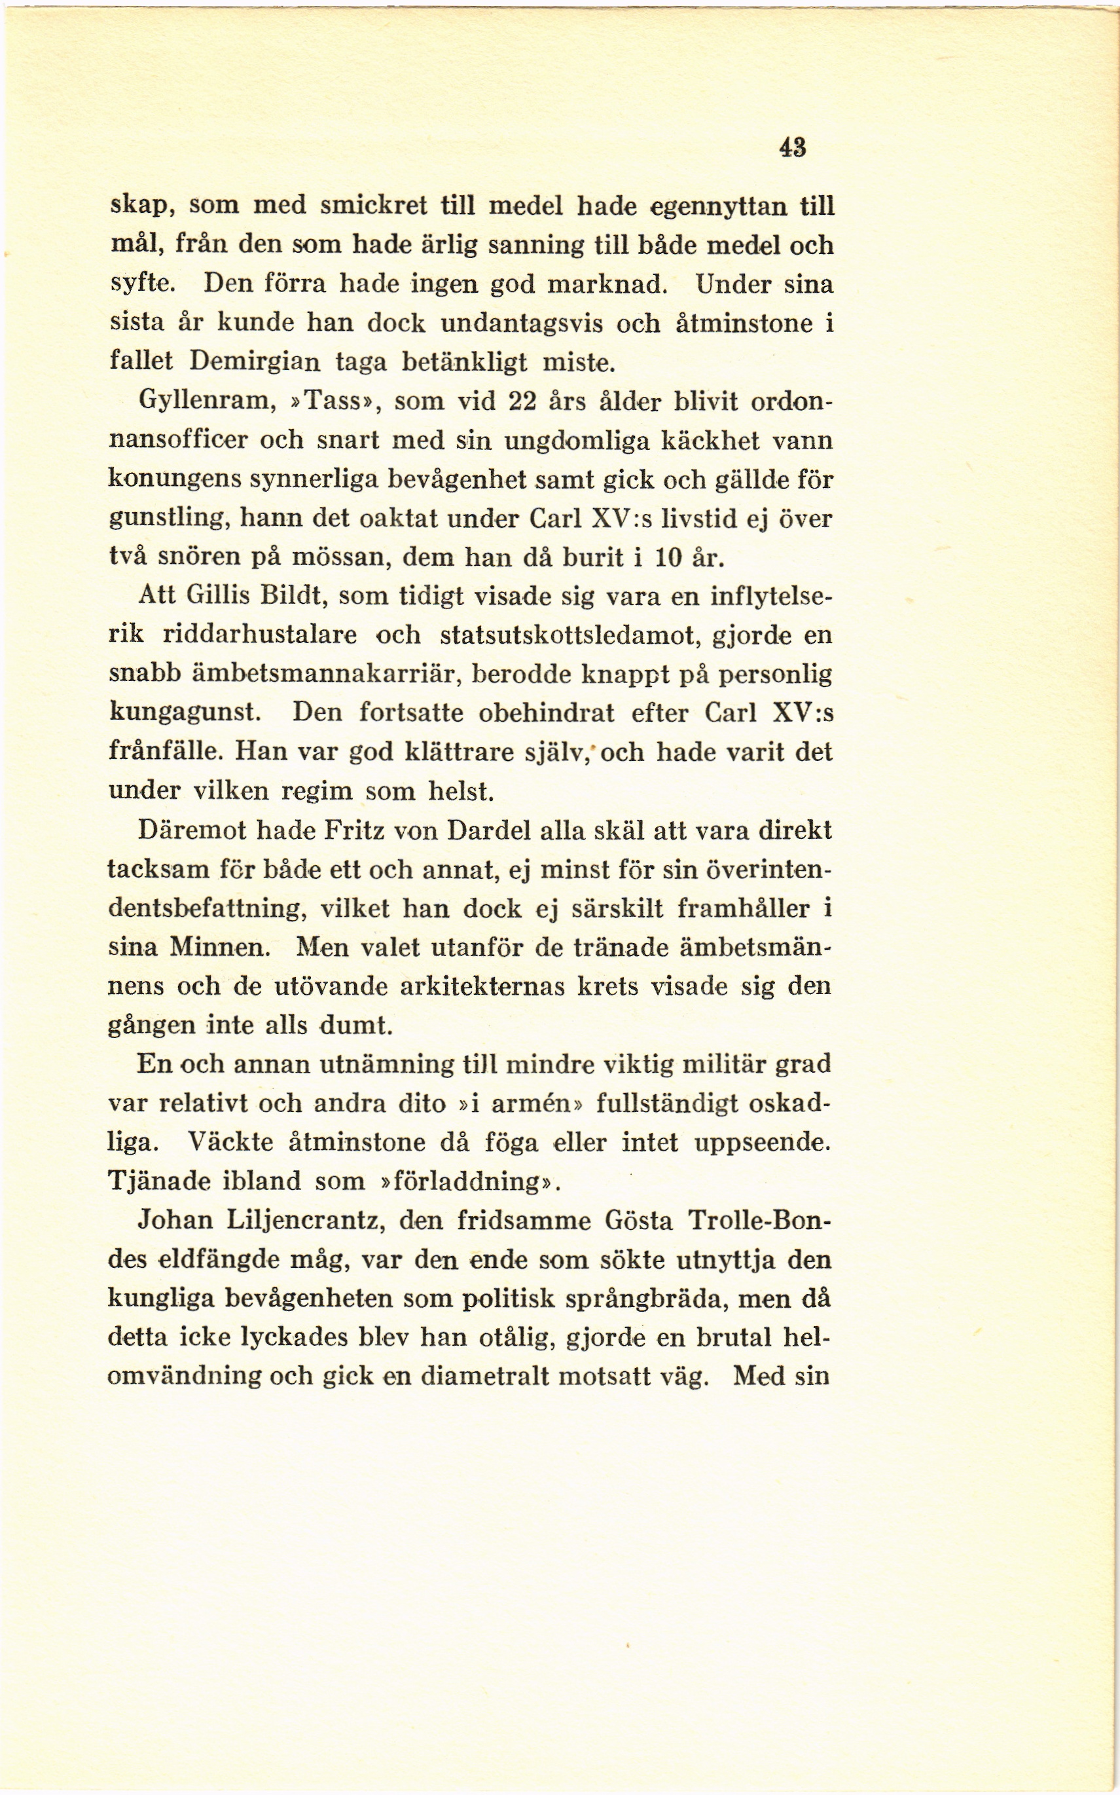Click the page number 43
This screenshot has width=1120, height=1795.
coord(792,147)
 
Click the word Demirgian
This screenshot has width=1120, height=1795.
coord(255,361)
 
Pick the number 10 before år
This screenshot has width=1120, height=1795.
coord(669,557)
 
